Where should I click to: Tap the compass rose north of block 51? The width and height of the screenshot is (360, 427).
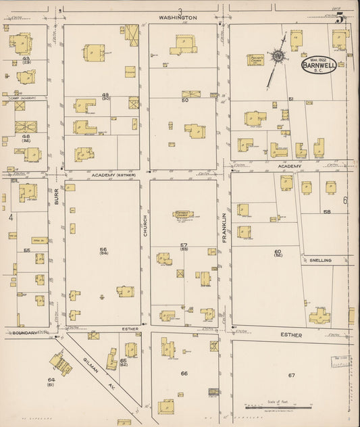click(277, 56)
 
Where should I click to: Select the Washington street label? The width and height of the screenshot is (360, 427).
click(178, 17)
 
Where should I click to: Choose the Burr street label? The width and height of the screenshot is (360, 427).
click(57, 197)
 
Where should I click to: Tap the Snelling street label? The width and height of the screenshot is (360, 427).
click(321, 260)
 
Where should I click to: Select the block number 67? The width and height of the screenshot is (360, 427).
click(292, 375)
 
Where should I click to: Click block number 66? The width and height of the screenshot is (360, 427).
click(184, 373)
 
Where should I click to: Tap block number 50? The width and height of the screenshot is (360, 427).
click(184, 100)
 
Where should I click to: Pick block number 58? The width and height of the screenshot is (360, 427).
click(327, 211)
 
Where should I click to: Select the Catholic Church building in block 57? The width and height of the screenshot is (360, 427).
click(183, 214)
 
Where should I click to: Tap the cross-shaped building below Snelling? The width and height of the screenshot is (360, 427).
click(319, 316)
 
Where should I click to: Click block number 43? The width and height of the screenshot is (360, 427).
click(26, 59)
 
